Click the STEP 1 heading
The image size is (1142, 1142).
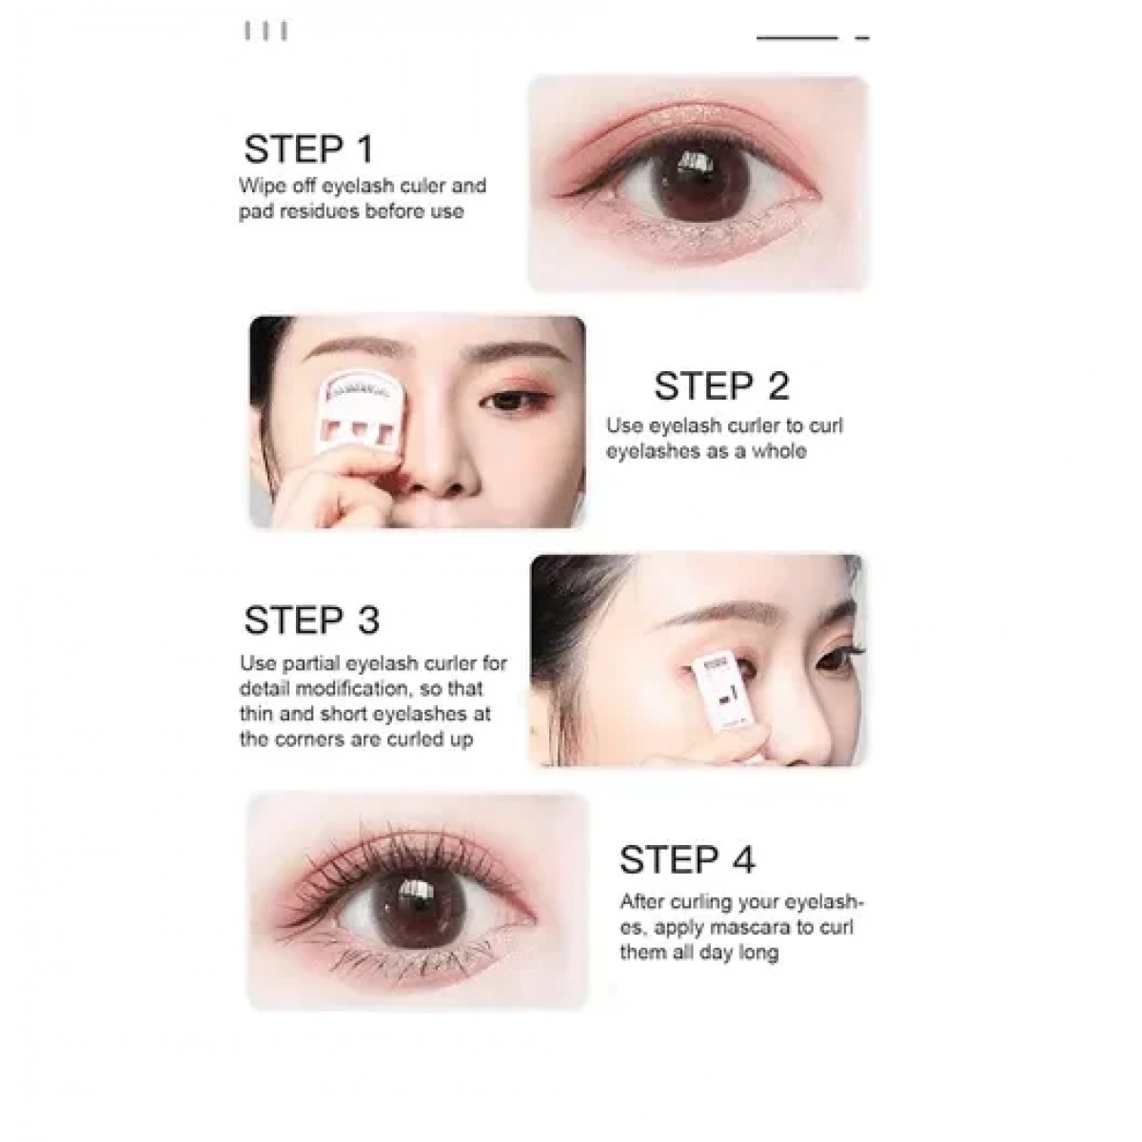tap(308, 148)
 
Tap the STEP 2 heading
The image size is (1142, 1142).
tap(721, 385)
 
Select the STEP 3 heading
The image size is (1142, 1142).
tap(312, 620)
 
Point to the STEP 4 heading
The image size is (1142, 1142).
tap(687, 859)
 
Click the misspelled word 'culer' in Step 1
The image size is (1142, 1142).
tap(423, 186)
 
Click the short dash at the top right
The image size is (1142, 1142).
tap(862, 38)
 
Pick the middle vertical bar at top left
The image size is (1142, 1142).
tap(266, 31)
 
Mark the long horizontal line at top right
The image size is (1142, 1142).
tap(797, 38)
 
